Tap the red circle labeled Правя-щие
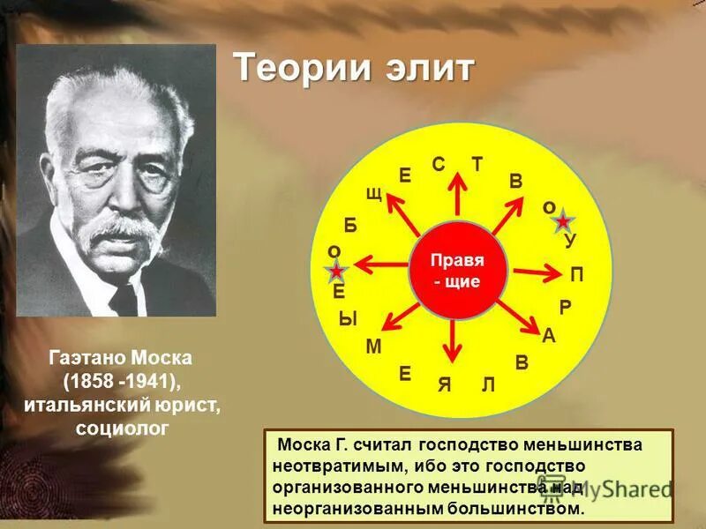pyautogui.click(x=456, y=272)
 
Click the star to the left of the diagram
pyautogui.click(x=336, y=272)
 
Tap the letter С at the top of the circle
pyautogui.click(x=438, y=164)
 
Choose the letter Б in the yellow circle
pyautogui.click(x=350, y=225)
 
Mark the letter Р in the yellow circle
pyautogui.click(x=565, y=307)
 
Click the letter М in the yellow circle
pyautogui.click(x=372, y=347)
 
